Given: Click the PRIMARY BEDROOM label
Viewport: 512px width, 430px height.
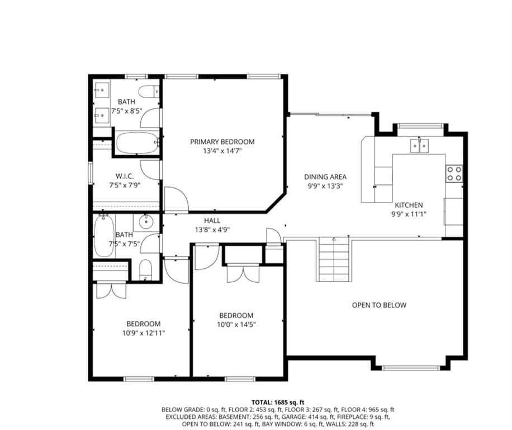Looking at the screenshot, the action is (x=222, y=142).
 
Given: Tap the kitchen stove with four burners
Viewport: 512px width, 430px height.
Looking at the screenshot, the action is (x=454, y=174).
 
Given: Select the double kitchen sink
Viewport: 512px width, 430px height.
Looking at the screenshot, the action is (x=420, y=146).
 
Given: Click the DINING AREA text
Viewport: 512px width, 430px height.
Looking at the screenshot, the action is (x=325, y=177).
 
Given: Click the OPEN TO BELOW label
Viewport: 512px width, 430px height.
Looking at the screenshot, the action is (x=379, y=305).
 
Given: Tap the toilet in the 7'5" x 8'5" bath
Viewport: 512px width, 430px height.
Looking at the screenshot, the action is (x=149, y=91).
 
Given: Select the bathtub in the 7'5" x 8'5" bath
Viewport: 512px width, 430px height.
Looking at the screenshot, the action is (x=138, y=143).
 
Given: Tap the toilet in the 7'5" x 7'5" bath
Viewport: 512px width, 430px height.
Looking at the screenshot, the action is (x=146, y=270).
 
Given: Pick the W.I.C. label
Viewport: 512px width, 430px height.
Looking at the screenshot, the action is (x=125, y=176).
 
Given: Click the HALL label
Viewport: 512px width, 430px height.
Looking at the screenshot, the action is (x=212, y=221).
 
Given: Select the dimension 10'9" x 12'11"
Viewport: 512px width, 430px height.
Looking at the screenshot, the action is (x=144, y=333).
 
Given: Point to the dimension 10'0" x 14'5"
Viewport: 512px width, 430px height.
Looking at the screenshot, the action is (x=236, y=325).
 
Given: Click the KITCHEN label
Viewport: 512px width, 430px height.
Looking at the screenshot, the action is (x=409, y=205).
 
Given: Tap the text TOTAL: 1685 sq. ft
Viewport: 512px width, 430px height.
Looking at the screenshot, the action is (x=278, y=402).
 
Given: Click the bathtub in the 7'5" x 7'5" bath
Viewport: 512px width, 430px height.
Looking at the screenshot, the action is (x=104, y=236).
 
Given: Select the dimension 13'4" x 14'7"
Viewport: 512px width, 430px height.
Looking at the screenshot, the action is (x=222, y=151).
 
